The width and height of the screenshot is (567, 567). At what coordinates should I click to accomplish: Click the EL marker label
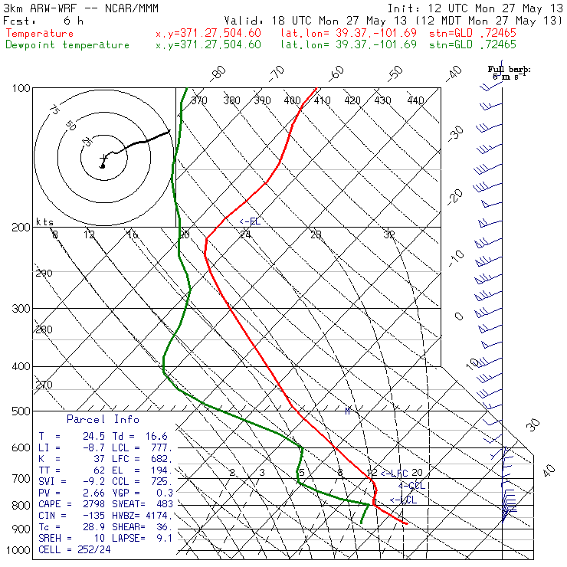tap(250, 221)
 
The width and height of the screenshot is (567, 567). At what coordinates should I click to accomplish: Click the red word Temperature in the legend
tap(40, 34)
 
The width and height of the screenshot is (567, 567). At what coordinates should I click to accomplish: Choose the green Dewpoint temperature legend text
tap(67, 44)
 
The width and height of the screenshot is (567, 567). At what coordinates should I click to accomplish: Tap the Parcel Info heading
tap(103, 419)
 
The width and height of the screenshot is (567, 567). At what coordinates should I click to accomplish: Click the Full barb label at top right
tap(509, 70)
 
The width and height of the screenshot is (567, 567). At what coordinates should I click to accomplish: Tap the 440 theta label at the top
tap(415, 100)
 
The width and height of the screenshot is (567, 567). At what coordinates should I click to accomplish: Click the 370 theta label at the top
tap(198, 100)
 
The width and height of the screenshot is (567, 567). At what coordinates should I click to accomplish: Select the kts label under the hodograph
tap(44, 221)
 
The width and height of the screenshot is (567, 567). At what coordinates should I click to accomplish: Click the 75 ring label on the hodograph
tap(54, 110)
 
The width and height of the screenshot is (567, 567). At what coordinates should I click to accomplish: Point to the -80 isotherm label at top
tap(219, 73)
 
